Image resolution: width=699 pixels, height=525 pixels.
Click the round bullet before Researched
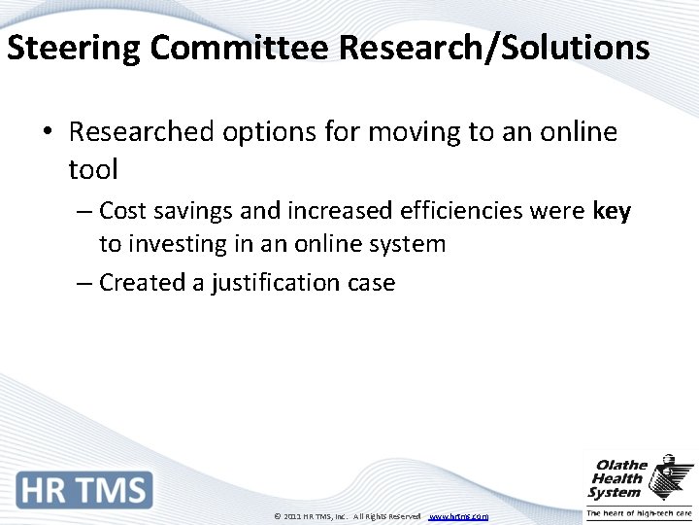(47, 132)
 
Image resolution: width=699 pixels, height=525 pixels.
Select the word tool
(93, 170)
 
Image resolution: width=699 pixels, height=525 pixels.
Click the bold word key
(611, 211)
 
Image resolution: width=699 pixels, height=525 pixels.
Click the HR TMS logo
(84, 489)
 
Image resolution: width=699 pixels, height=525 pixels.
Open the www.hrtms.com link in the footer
(458, 516)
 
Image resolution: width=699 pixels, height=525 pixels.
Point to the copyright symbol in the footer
(278, 516)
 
